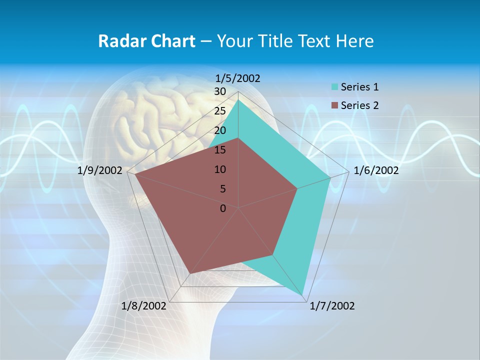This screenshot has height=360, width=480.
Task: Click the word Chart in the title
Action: click(x=170, y=41)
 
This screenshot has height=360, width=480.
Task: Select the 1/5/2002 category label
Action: click(x=238, y=78)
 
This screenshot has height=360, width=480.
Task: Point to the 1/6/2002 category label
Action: click(x=376, y=170)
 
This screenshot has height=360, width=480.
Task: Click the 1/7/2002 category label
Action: click(x=332, y=306)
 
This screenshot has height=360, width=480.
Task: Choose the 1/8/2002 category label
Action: click(x=144, y=306)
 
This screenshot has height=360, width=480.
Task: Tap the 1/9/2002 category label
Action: click(x=100, y=170)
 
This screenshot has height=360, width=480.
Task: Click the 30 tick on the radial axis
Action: click(x=220, y=91)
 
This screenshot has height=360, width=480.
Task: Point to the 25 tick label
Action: click(x=220, y=111)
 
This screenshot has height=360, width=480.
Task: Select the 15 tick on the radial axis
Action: click(x=220, y=150)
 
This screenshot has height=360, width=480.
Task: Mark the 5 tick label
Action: click(x=222, y=189)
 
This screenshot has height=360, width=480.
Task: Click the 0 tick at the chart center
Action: click(x=223, y=208)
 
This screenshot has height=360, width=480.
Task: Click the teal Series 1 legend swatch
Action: click(x=334, y=87)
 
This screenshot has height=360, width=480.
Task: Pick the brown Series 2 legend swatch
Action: click(x=334, y=105)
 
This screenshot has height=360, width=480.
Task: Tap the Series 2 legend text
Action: click(x=359, y=105)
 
